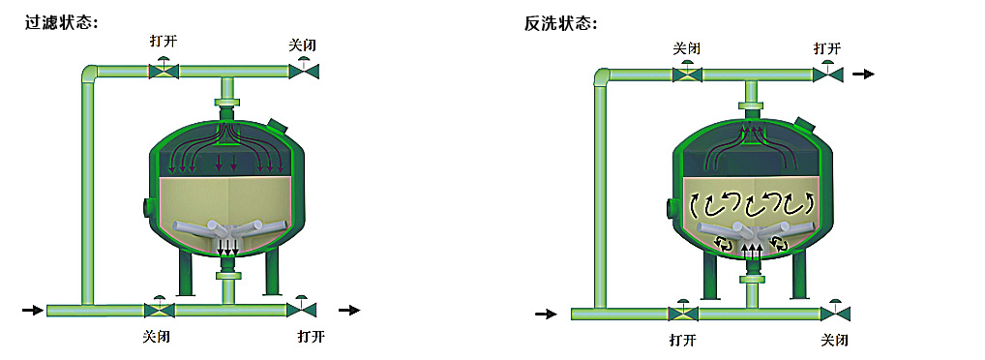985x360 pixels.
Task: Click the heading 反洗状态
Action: tap(560, 22)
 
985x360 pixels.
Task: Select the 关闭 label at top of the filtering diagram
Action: tap(304, 45)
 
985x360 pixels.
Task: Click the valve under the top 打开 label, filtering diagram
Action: tap(164, 70)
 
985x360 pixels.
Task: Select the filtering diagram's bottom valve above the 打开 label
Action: tap(301, 309)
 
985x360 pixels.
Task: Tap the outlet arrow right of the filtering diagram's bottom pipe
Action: tap(348, 310)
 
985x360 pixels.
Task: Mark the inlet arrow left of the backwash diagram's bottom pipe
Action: tap(546, 314)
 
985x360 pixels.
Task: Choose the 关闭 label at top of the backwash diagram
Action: tap(687, 47)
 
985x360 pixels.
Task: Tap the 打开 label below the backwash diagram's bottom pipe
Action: tap(682, 340)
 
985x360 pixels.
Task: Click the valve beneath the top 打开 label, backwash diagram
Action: tap(827, 74)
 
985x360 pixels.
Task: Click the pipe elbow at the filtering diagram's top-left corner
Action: tap(90, 74)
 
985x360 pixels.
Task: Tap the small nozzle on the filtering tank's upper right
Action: tap(279, 126)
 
